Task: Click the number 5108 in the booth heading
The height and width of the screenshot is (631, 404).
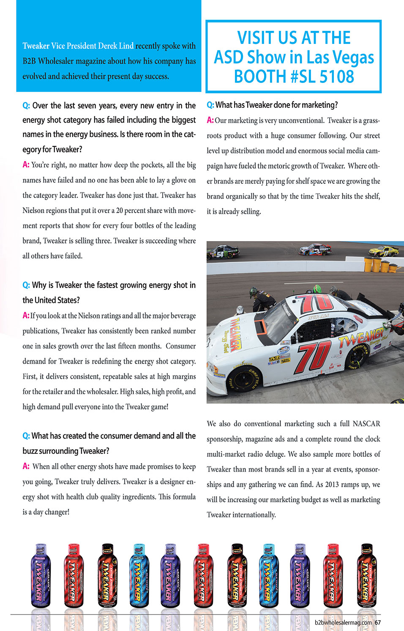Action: (337, 77)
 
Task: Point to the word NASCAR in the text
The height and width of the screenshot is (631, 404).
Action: (366, 424)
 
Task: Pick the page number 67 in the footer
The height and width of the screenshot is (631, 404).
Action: (378, 623)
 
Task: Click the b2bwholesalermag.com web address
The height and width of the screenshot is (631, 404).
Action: (343, 623)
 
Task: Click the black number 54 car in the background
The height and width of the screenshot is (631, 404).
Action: (222, 253)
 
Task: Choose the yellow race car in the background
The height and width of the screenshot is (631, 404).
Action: (383, 251)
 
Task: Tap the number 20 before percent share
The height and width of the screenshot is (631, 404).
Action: (120, 211)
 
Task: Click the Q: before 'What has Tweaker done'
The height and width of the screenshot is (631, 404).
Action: (210, 105)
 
